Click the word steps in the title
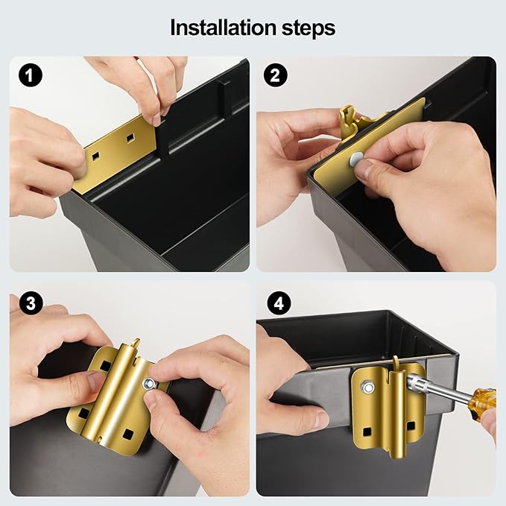[x=309, y=29]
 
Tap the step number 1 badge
[x=31, y=75]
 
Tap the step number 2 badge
[x=275, y=75]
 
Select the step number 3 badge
[x=31, y=303]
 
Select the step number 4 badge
[x=279, y=303]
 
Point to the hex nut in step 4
[x=367, y=387]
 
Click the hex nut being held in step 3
[x=149, y=384]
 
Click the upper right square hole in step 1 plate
[x=130, y=138]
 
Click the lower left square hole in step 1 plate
[x=95, y=156]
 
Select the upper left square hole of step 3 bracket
[x=105, y=366]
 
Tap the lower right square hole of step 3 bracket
[x=127, y=434]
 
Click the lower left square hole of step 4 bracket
[x=367, y=431]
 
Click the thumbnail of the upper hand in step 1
[x=156, y=121]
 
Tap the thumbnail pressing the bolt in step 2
[x=364, y=170]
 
